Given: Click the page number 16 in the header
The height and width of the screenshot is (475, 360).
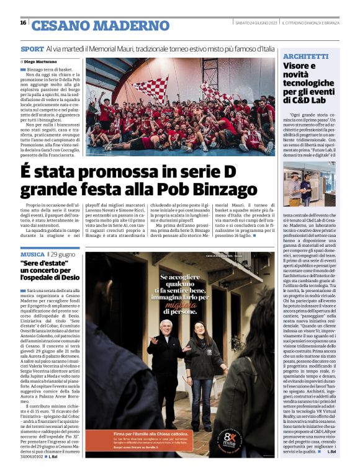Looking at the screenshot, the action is point(22,23).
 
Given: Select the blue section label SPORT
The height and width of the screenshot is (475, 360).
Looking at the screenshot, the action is point(32,48).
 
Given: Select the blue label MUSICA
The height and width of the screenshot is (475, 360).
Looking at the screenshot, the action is point(32,254).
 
